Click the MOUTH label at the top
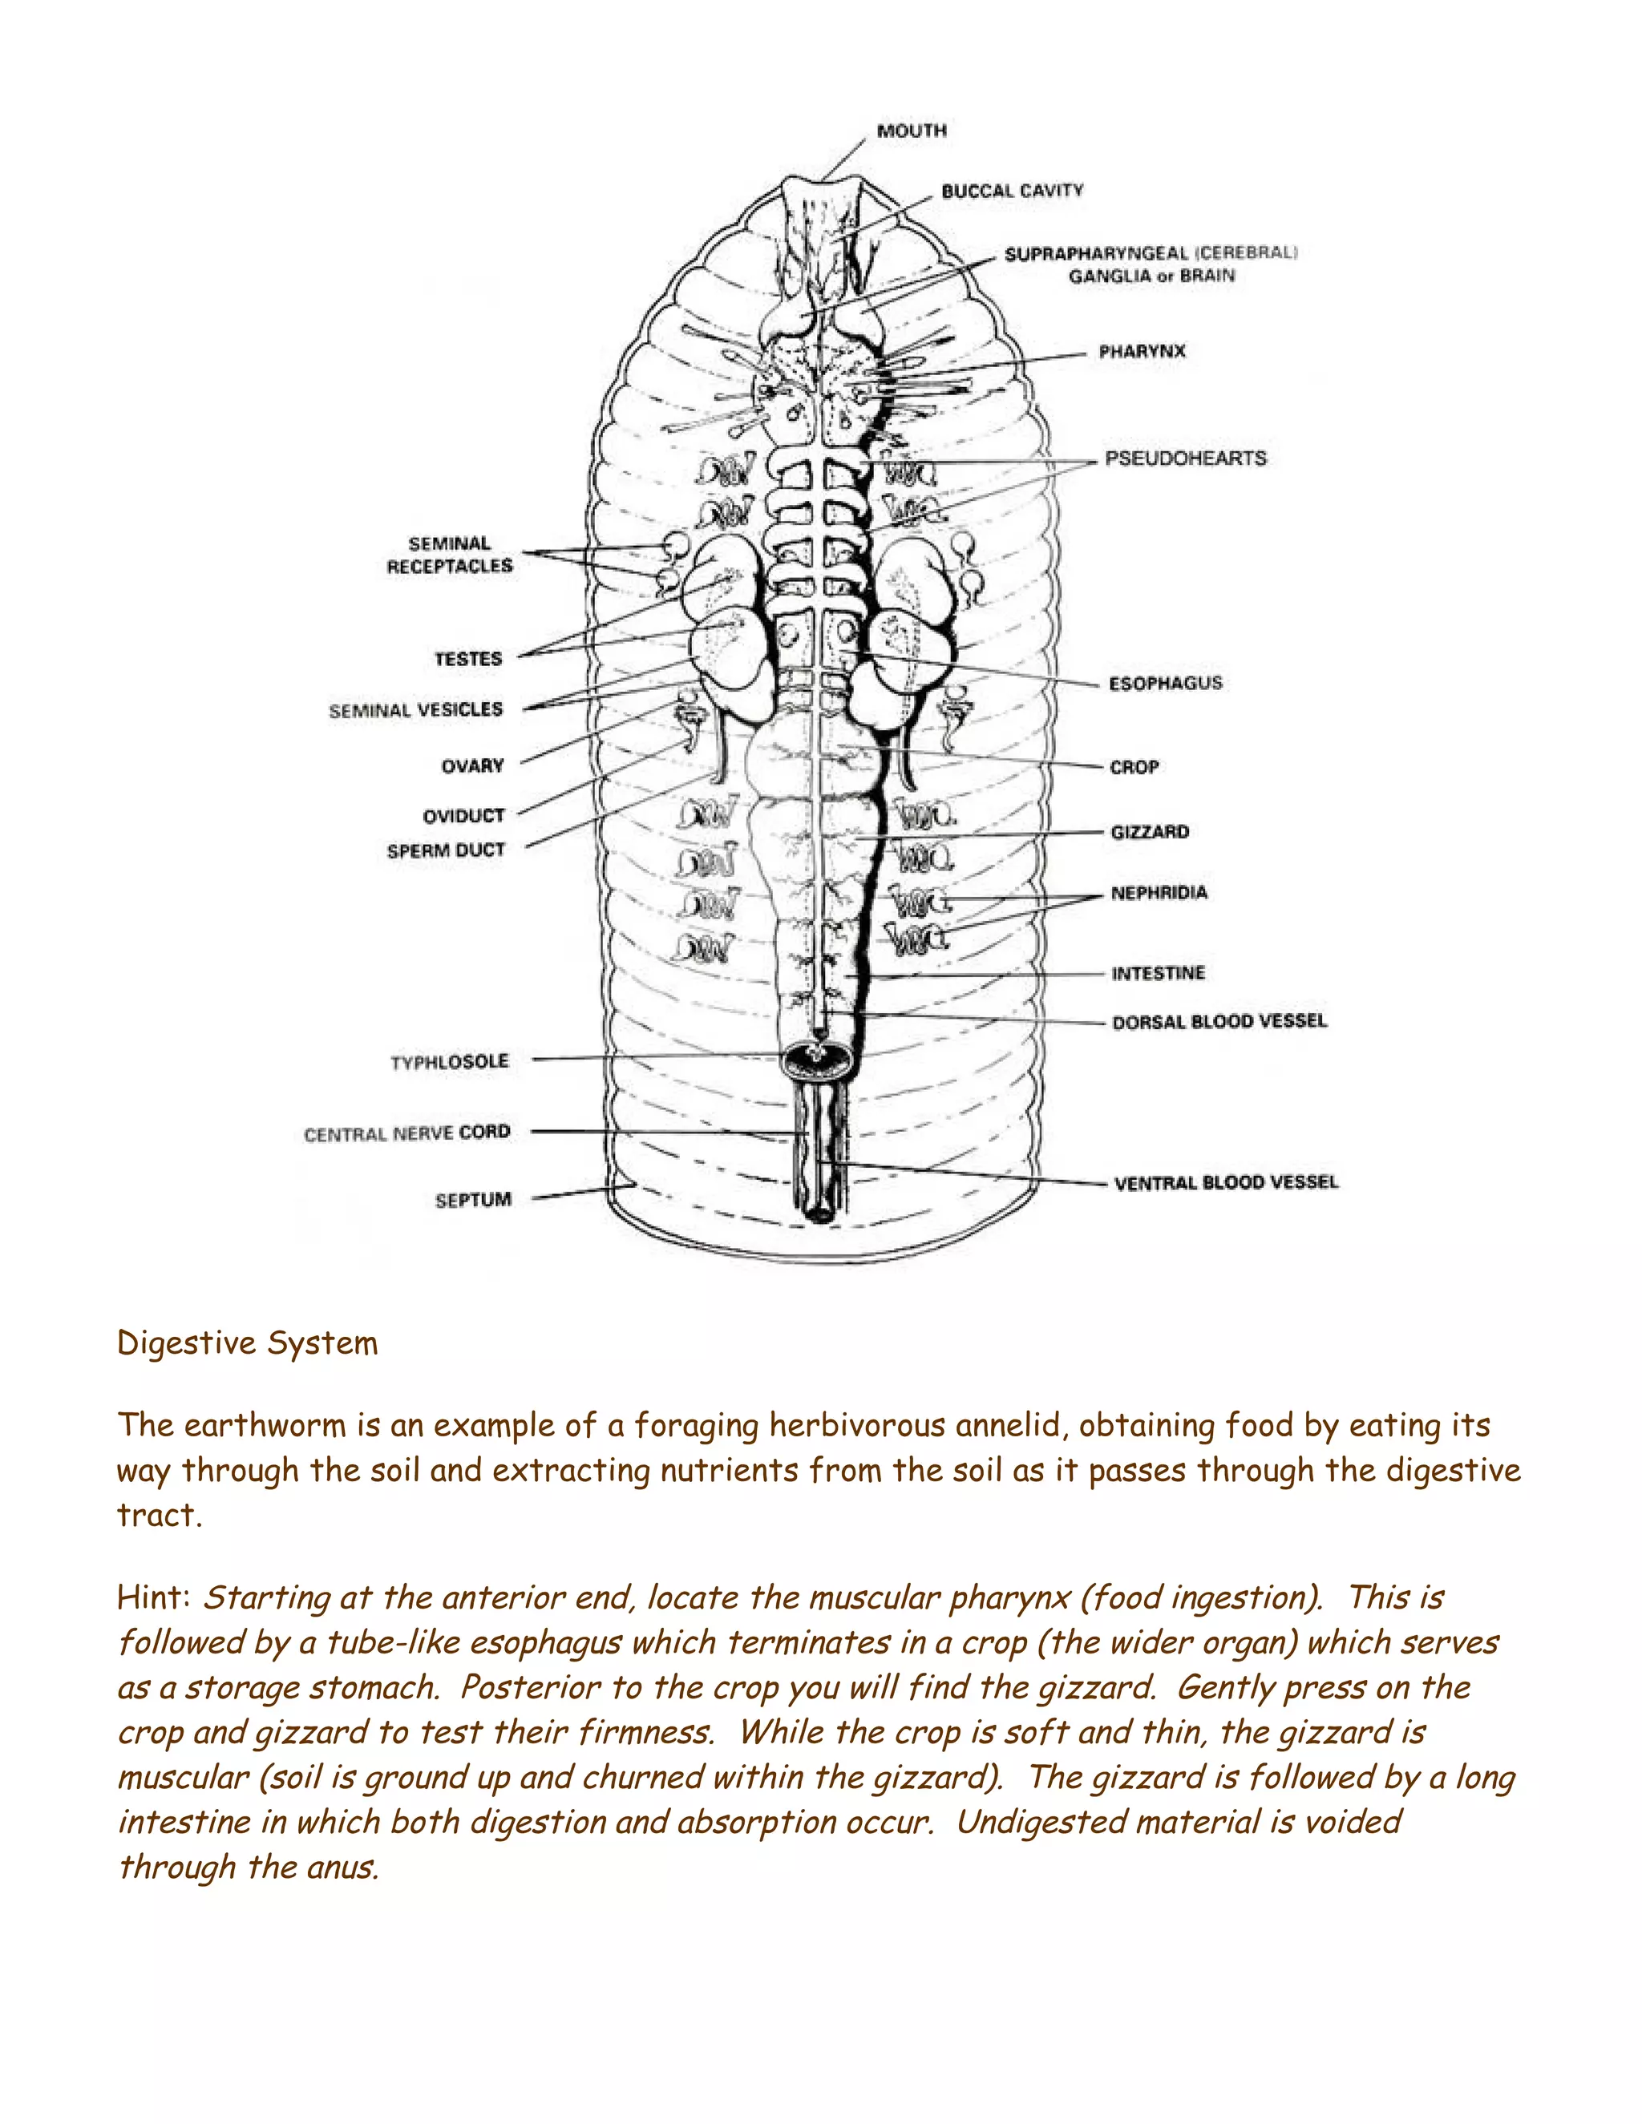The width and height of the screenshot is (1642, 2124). [x=912, y=131]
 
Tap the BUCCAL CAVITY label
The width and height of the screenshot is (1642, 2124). [x=1012, y=191]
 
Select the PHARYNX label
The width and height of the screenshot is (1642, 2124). [x=1142, y=351]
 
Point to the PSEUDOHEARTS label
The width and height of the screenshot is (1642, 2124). [x=1186, y=458]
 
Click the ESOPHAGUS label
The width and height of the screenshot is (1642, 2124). [x=1165, y=683]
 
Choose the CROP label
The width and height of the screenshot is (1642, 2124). [x=1134, y=767]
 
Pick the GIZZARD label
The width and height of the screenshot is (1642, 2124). [x=1150, y=831]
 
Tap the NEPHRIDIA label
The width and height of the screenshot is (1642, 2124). [x=1159, y=893]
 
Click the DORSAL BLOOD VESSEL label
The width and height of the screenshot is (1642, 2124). [x=1219, y=1021]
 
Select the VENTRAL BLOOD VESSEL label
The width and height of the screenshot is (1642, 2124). [x=1226, y=1182]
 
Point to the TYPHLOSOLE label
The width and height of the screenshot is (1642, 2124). [x=450, y=1062]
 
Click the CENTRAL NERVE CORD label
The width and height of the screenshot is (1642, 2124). [x=406, y=1134]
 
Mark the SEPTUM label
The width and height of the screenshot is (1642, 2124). [x=473, y=1200]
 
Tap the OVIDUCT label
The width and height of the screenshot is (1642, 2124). [x=463, y=816]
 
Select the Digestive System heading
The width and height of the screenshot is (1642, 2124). [x=247, y=1343]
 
